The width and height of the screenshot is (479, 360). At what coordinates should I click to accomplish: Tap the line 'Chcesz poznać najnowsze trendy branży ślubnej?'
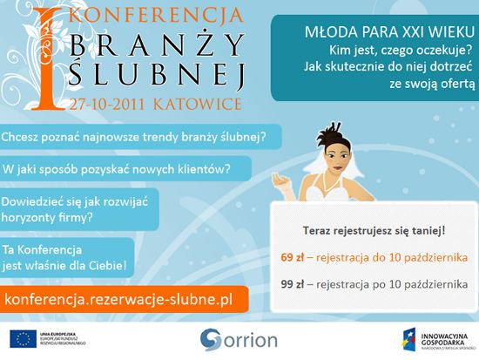pos(134,137)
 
